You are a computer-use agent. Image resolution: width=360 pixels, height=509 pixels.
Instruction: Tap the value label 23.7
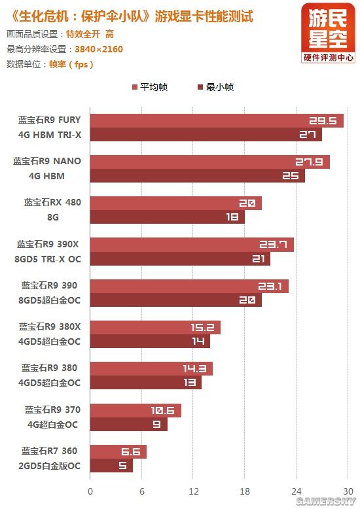point(274,245)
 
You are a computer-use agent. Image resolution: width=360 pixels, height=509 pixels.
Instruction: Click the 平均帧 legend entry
point(150,87)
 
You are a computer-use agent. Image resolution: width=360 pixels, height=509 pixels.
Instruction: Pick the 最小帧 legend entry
point(215,87)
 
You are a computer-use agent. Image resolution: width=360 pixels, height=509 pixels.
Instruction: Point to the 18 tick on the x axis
point(245,490)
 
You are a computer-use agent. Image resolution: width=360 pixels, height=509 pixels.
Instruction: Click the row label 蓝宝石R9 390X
point(49,244)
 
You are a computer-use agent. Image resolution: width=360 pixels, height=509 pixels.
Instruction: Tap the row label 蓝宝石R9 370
point(52,410)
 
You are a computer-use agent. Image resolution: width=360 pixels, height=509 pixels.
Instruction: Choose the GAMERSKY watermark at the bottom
point(324,500)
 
